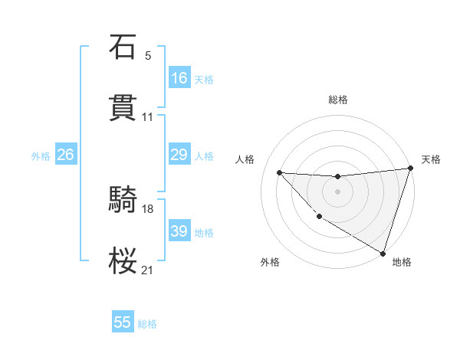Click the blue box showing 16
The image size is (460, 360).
[179, 78]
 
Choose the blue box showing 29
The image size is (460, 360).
[179, 155]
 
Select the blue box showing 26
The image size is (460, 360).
[66, 155]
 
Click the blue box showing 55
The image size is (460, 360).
[123, 322]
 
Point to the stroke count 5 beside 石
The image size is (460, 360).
[148, 56]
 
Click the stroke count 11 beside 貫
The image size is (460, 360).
[148, 117]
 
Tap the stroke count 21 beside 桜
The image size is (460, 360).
[148, 270]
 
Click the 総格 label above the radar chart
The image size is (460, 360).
[338, 100]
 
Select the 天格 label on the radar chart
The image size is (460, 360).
[431, 159]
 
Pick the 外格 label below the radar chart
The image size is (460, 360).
[270, 263]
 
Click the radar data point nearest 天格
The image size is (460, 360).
[410, 169]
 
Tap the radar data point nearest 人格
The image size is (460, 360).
[279, 172]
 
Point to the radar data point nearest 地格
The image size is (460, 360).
[383, 253]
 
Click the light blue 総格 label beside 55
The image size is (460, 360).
[147, 324]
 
